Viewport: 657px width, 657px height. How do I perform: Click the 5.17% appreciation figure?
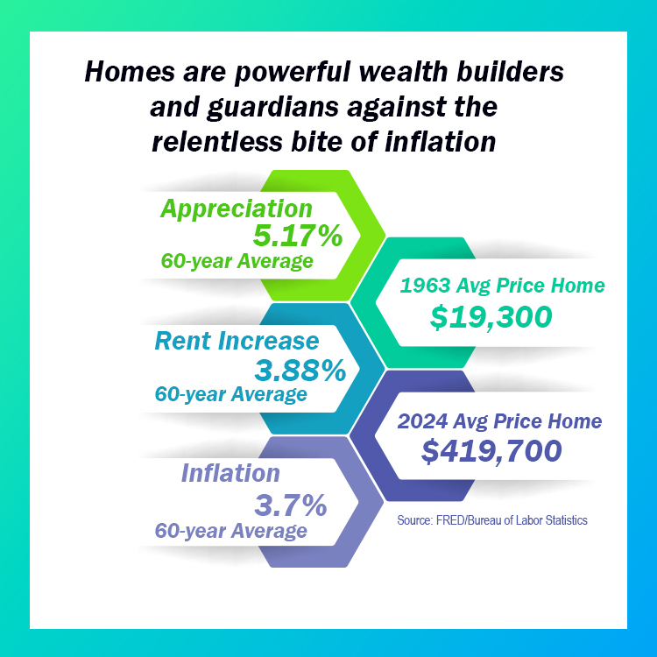297,236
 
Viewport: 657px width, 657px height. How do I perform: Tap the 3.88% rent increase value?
300,371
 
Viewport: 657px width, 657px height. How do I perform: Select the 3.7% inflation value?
290,505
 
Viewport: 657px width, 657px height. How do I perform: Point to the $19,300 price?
491,316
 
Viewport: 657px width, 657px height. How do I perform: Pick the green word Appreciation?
237,208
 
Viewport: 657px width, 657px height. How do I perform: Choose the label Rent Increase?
237,341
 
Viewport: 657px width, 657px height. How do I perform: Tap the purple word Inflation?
230,474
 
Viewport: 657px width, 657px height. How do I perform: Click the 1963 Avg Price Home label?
502,286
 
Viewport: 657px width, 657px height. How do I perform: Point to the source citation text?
491,520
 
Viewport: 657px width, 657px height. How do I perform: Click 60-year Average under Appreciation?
236,261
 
